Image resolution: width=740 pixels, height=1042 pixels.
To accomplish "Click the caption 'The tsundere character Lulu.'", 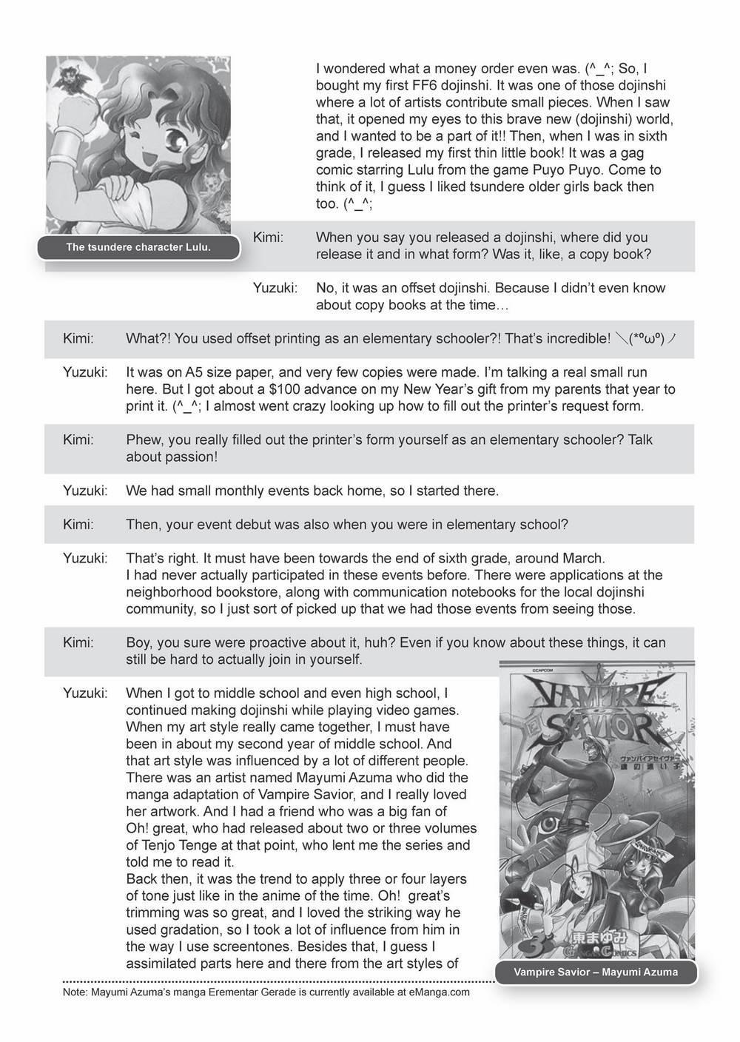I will pyautogui.click(x=138, y=247).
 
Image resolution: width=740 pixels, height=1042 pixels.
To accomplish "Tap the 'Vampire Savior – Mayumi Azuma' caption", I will pyautogui.click(x=596, y=972).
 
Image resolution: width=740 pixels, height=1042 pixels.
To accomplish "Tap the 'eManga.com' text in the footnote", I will pyautogui.click(x=438, y=992).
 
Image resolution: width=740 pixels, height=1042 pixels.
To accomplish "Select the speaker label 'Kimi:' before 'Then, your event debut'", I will pyautogui.click(x=78, y=525).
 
